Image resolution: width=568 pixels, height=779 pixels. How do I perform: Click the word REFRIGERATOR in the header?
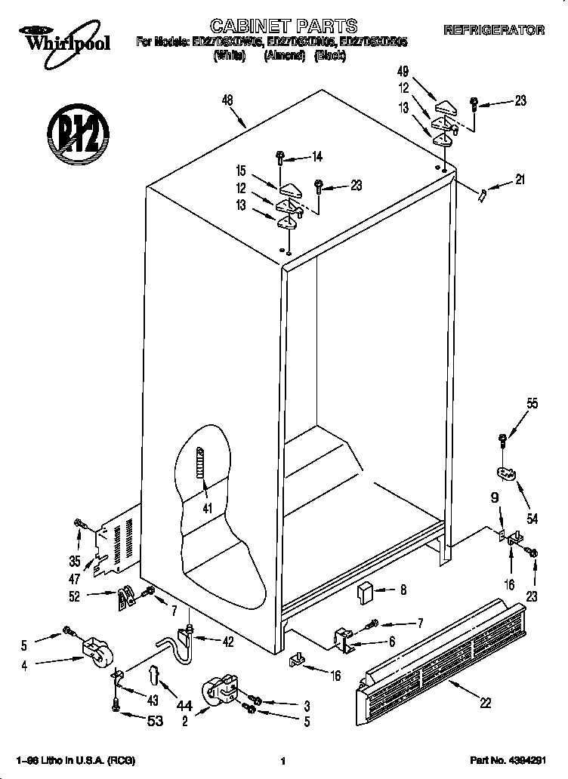(494, 30)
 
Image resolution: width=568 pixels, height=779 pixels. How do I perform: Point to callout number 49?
(403, 72)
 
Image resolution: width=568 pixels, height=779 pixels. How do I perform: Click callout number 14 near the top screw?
(316, 157)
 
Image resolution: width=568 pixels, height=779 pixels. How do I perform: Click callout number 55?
(532, 404)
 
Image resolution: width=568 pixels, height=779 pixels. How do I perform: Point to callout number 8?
(403, 590)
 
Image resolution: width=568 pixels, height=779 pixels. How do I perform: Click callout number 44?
(184, 706)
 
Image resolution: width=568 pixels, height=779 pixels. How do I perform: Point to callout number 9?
(495, 497)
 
